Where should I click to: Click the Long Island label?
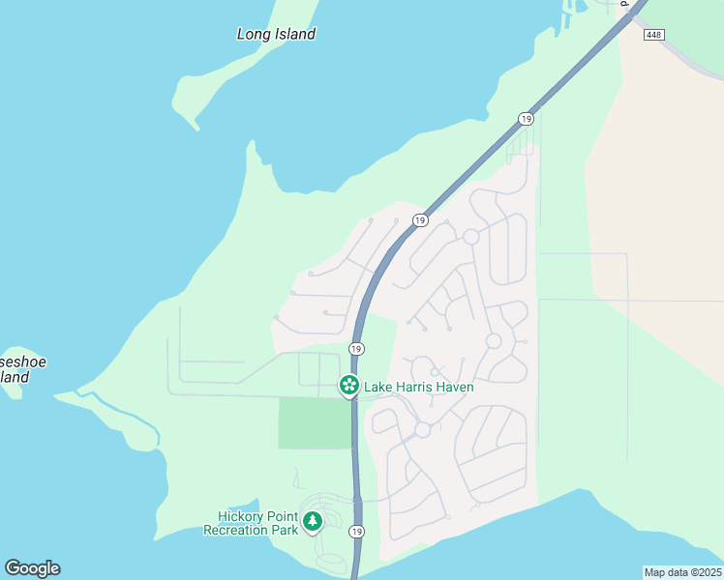click(x=276, y=34)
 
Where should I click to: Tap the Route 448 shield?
click(x=655, y=35)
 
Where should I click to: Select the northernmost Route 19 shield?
click(x=526, y=118)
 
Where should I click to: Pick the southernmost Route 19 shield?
click(x=357, y=532)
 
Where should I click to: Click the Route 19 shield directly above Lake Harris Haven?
click(x=357, y=348)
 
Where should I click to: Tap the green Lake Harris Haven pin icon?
click(x=348, y=386)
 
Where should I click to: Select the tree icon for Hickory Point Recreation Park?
click(x=312, y=522)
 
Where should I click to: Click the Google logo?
click(x=32, y=567)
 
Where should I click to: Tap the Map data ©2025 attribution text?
click(x=682, y=572)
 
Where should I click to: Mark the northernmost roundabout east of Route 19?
click(x=471, y=237)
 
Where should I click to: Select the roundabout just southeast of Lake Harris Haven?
click(x=423, y=429)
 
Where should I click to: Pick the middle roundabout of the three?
click(x=494, y=341)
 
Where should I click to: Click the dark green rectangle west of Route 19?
click(x=315, y=422)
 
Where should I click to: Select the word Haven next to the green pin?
click(x=456, y=388)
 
